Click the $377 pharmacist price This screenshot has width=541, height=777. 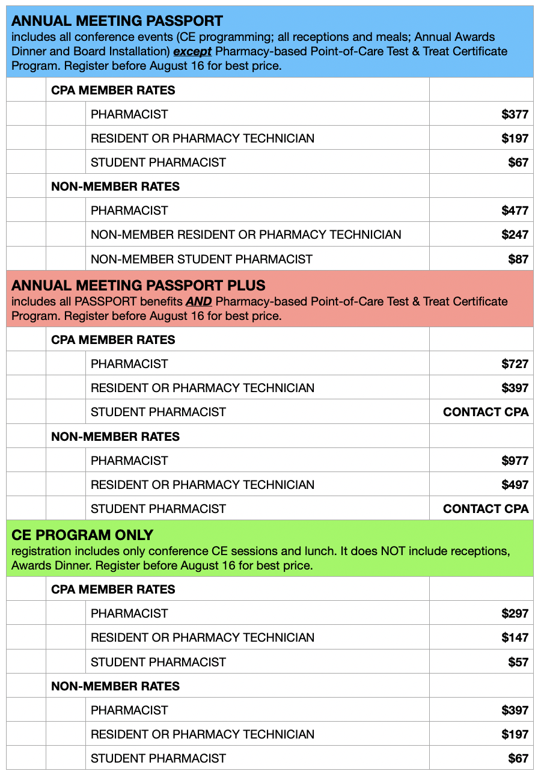(x=515, y=114)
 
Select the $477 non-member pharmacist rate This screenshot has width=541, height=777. (x=515, y=210)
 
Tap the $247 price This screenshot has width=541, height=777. (x=515, y=235)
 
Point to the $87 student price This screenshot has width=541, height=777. (x=518, y=259)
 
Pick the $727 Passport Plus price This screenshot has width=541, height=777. (x=515, y=364)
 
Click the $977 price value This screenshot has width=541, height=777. (x=515, y=461)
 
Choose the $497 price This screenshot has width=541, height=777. (x=515, y=485)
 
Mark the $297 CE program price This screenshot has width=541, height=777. (x=515, y=613)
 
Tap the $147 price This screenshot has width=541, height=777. (x=515, y=637)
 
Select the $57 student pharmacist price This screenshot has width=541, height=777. (x=518, y=662)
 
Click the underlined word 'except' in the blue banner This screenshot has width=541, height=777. (x=192, y=52)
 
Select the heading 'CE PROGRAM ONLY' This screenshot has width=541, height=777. (x=82, y=535)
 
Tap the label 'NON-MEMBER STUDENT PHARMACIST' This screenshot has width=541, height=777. (x=201, y=259)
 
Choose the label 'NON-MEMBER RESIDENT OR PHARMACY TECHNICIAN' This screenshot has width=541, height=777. (x=246, y=235)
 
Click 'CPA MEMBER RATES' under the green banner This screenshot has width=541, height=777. (x=113, y=589)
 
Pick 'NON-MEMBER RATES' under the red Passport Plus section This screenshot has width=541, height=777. (x=115, y=437)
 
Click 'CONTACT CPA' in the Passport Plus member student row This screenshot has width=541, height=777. (x=486, y=412)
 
